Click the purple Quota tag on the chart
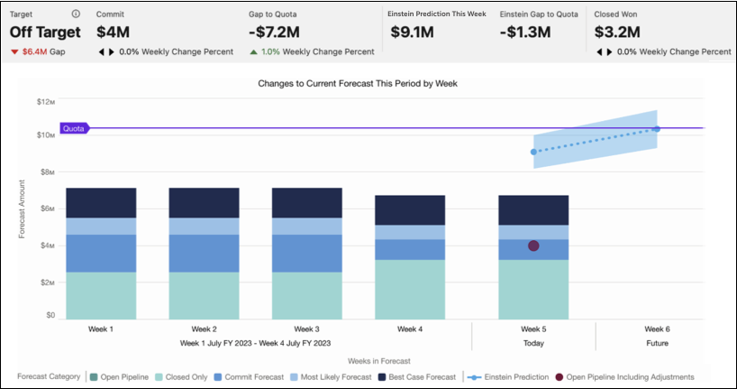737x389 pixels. (x=74, y=128)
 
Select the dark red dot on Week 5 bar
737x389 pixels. (x=533, y=246)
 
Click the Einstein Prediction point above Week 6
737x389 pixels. (x=656, y=129)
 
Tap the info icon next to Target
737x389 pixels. (x=76, y=14)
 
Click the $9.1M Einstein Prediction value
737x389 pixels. (x=413, y=32)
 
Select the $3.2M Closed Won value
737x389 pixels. (x=618, y=32)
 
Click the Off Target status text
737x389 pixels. (x=45, y=32)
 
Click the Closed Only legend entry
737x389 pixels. (x=184, y=376)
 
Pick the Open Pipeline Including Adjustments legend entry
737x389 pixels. (x=627, y=376)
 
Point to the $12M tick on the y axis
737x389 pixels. (x=45, y=101)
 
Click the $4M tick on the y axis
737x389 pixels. (x=47, y=245)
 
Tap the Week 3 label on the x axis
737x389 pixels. (x=306, y=329)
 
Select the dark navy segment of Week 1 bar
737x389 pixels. (x=101, y=202)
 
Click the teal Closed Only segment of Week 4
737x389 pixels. (x=410, y=289)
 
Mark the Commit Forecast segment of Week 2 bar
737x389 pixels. (x=204, y=254)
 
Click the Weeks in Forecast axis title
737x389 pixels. (x=372, y=361)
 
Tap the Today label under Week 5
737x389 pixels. (x=533, y=344)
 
